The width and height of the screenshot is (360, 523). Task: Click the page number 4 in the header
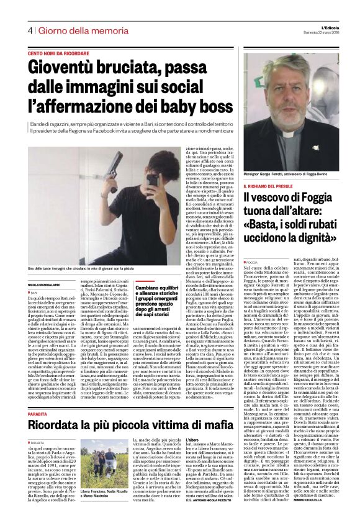[29, 30]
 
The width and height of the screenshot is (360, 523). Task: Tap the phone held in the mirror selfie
[151, 180]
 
